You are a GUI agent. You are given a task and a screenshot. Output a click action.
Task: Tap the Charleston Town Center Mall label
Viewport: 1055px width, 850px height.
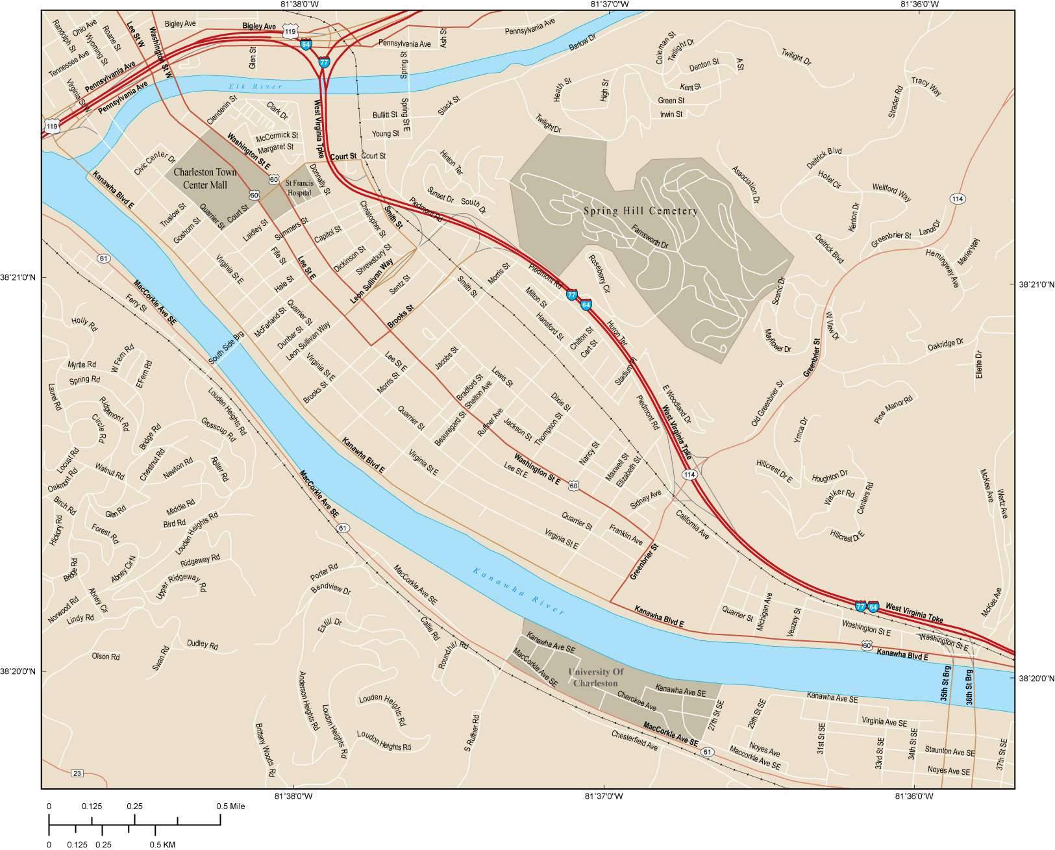tap(205, 179)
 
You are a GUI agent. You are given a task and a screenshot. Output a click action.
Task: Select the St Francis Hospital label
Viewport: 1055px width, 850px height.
tap(301, 188)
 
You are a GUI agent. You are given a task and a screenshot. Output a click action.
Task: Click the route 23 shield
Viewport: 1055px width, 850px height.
tap(77, 773)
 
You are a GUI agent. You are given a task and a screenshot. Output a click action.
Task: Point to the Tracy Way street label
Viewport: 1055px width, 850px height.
tap(926, 86)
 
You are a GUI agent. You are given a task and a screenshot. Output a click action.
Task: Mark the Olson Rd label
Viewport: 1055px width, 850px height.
tap(106, 656)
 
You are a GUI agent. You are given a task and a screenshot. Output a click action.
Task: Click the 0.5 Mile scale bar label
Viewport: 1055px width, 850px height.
tap(230, 806)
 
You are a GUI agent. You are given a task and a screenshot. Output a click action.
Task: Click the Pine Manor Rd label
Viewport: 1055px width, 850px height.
tap(894, 410)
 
